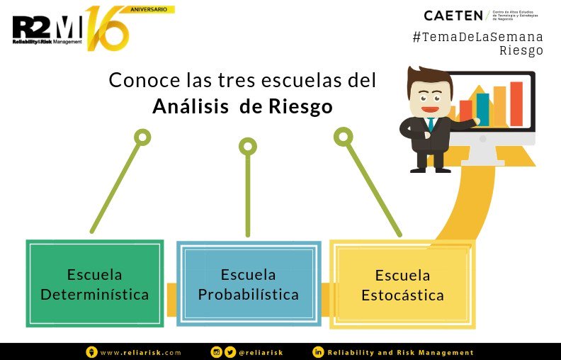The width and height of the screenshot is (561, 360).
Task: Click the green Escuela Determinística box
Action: (x=95, y=283)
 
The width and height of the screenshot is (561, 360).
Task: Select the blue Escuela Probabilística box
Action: (x=248, y=283)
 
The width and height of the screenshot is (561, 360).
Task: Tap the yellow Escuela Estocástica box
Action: (x=402, y=285)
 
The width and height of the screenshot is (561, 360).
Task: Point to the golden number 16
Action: (x=108, y=28)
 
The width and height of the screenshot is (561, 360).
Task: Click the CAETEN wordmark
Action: (x=453, y=15)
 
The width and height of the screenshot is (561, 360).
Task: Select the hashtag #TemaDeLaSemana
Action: (x=477, y=36)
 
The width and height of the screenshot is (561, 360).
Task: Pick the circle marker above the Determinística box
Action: (x=142, y=137)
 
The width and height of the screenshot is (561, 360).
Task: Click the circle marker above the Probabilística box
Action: (x=247, y=147)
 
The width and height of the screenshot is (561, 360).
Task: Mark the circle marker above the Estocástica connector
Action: (x=343, y=136)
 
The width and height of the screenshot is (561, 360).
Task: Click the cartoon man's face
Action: (x=429, y=94)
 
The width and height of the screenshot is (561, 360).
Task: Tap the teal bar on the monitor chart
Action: (x=482, y=109)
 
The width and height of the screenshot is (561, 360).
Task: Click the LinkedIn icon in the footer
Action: (x=319, y=352)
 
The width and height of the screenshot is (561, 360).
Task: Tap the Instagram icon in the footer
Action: (x=217, y=352)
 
